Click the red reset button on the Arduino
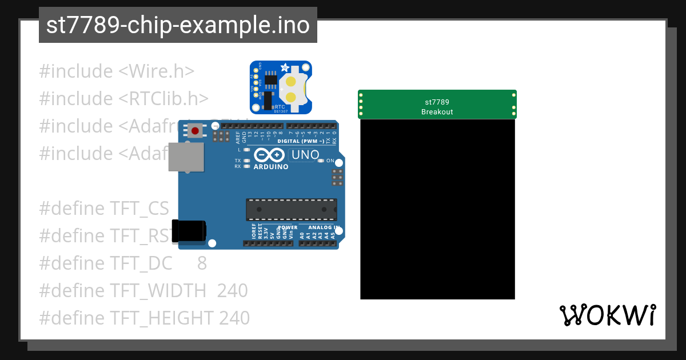(196, 131)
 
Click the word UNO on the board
(305, 155)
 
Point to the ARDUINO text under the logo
(271, 166)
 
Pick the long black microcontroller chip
(292, 210)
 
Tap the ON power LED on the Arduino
(321, 161)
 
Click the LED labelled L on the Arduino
(247, 150)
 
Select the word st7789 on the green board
(437, 102)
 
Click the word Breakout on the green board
(437, 112)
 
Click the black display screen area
(437, 209)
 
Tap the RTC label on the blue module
(280, 106)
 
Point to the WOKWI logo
(608, 315)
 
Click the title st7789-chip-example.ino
(178, 26)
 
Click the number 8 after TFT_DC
(202, 263)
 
